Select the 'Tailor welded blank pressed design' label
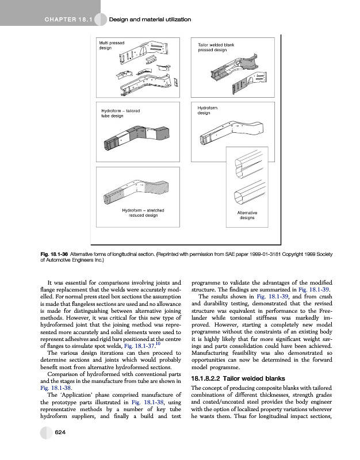(x=216, y=47)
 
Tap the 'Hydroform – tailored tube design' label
(x=121, y=113)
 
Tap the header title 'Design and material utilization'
(x=150, y=20)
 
